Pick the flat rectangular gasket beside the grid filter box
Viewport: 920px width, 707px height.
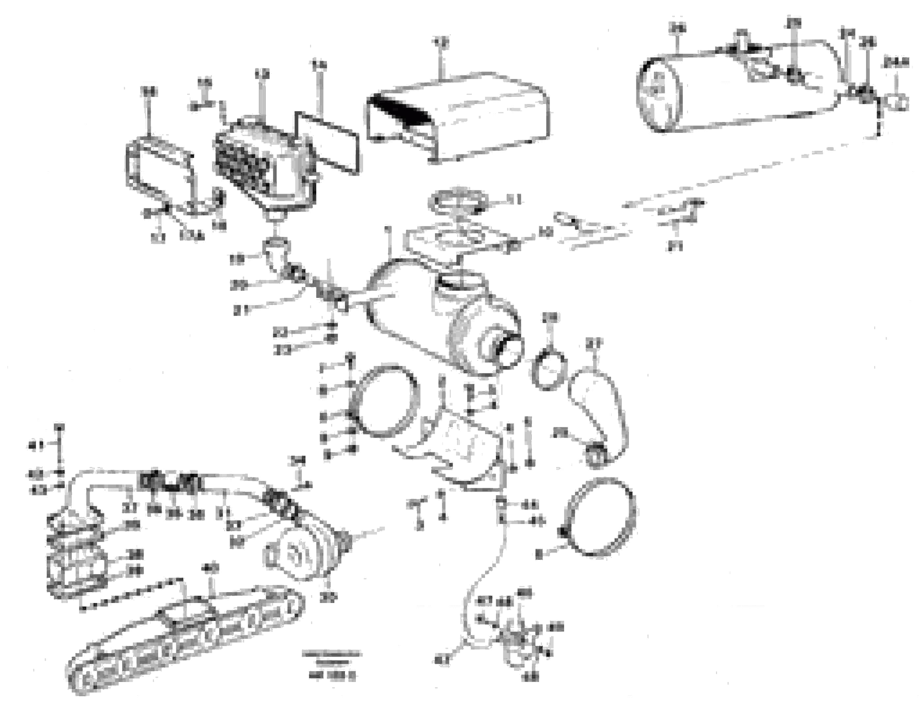pos(329,143)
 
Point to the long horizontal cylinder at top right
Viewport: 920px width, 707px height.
pos(741,88)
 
